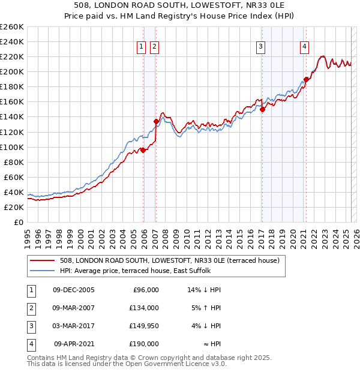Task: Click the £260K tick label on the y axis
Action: coord(11,27)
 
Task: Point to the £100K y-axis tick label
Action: coord(11,147)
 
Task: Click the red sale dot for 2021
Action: coord(306,79)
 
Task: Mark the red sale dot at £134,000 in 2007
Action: coord(156,121)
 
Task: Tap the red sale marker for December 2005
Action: coord(143,150)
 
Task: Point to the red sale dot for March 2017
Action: coord(262,109)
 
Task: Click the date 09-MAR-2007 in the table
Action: coord(74,308)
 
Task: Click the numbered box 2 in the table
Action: coord(31,308)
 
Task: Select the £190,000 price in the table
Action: coord(143,344)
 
